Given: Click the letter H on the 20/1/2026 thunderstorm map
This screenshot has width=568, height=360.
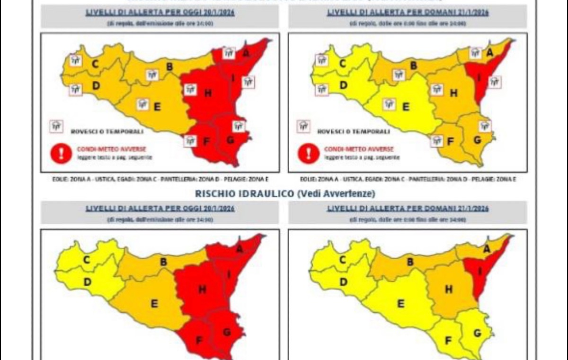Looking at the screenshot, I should pos(207,93).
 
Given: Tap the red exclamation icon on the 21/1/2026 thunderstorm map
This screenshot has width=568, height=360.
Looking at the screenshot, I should pos(309,153).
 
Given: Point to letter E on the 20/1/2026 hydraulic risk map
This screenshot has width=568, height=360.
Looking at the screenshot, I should pos(154,304).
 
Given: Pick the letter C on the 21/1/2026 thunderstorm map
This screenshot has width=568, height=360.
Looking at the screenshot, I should pos(343,63).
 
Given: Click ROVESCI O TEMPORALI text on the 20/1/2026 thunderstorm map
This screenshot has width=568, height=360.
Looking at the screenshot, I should pos(107,131).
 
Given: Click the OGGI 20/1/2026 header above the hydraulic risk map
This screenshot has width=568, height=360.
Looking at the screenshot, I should pos(160,208).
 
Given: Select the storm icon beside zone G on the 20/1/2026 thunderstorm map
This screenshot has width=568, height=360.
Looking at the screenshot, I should pos(239,126).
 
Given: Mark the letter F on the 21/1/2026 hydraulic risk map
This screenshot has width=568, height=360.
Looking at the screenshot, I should pos(448,341).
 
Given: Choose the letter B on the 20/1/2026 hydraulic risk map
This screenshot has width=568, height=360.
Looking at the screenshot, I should pos(163,261).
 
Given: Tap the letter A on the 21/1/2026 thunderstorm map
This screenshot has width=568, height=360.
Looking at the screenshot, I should pos(490,53).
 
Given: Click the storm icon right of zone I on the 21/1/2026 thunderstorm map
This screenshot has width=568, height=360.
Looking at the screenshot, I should pos(495,82).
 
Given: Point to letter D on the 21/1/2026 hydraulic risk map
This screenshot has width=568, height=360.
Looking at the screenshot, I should pos(343,282).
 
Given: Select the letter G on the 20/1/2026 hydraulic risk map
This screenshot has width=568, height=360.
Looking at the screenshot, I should pos(227,333).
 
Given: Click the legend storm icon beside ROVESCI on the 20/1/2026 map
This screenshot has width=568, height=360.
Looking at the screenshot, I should pos(56,126).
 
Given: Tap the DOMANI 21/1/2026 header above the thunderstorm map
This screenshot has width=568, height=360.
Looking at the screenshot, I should pos(408,12).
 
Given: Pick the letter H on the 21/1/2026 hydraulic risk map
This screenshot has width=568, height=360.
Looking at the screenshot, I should pos(448,289).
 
